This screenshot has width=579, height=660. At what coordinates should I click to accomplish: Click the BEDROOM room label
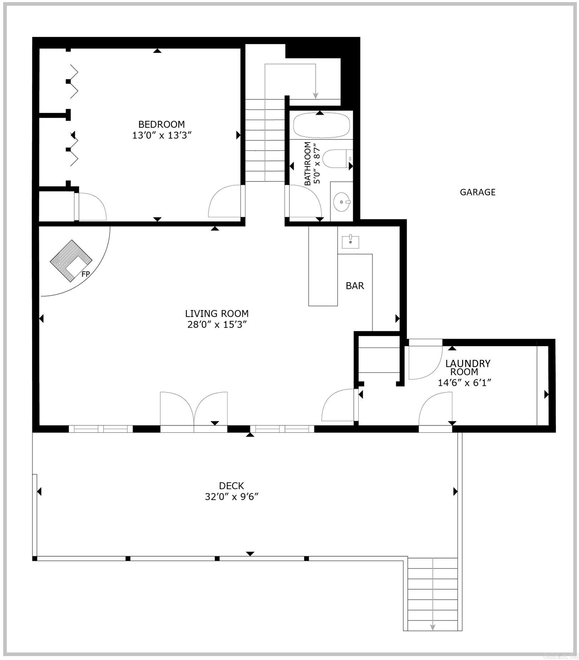pyautogui.click(x=162, y=124)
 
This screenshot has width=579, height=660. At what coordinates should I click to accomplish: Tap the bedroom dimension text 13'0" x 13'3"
pyautogui.click(x=162, y=136)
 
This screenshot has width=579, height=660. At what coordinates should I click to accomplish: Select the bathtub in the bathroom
pyautogui.click(x=321, y=126)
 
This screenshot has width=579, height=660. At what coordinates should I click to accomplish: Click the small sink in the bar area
pyautogui.click(x=350, y=242)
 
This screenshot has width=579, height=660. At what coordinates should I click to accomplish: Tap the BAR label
pyautogui.click(x=355, y=286)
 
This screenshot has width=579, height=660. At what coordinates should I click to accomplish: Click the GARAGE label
pyautogui.click(x=477, y=192)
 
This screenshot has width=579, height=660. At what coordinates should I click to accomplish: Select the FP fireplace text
pyautogui.click(x=85, y=274)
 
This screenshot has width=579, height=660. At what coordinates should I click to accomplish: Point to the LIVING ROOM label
pyautogui.click(x=217, y=313)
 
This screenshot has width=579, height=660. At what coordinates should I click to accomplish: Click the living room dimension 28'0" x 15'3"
pyautogui.click(x=217, y=325)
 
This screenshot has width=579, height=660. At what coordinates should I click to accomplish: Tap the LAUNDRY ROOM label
pyautogui.click(x=467, y=367)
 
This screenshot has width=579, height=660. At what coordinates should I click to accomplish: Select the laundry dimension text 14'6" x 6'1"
pyautogui.click(x=464, y=383)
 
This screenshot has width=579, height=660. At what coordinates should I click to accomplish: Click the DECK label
pyautogui.click(x=231, y=486)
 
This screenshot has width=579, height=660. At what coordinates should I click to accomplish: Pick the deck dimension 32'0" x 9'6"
pyautogui.click(x=231, y=497)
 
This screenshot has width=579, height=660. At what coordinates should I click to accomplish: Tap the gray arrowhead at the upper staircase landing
pyautogui.click(x=315, y=95)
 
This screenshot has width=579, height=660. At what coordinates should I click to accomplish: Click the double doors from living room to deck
pyautogui.click(x=193, y=410)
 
